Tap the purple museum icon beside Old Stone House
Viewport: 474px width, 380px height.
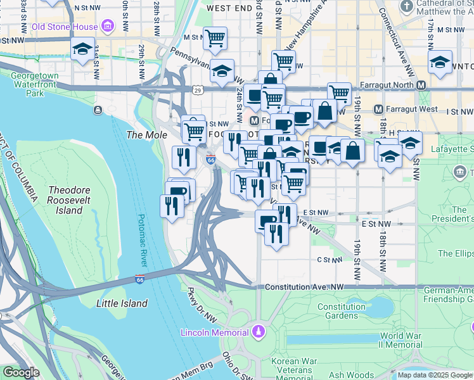tap(107, 27)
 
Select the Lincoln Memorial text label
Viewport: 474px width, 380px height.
tap(214, 332)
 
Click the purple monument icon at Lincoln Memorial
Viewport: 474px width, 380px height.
tap(258, 331)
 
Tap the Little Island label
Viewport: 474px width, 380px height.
tap(122, 303)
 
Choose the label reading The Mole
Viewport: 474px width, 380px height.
tap(147, 135)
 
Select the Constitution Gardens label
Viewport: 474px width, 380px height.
tap(342, 310)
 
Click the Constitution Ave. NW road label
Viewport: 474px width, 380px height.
tap(304, 287)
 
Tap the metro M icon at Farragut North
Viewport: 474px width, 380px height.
tap(421, 85)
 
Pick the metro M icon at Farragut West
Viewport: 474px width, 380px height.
tap(378, 109)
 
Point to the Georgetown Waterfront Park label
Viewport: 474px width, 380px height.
tap(35, 84)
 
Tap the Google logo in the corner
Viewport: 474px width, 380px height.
tap(21, 372)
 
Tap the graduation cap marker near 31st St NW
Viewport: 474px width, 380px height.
tap(82, 49)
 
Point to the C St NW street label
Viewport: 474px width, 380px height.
tap(329, 260)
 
